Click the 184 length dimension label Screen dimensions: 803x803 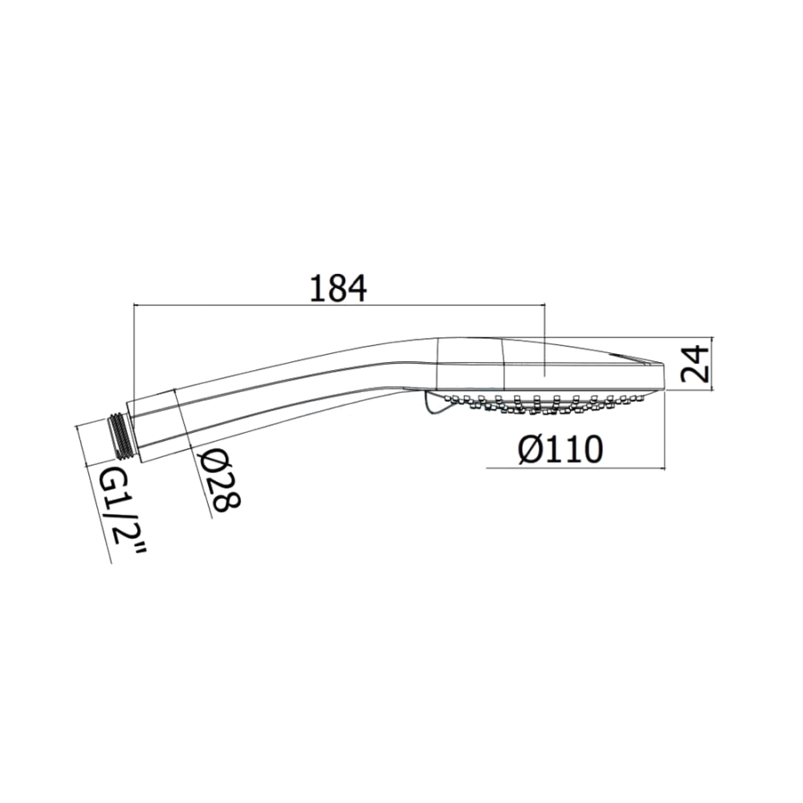[338, 289]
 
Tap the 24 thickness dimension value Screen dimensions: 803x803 [695, 364]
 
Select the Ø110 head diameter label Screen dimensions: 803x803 [559, 450]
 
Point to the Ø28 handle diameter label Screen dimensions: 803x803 [219, 479]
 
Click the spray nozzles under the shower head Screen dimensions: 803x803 [542, 402]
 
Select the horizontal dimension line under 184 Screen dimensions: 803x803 [340, 305]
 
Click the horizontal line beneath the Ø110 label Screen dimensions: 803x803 [575, 468]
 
